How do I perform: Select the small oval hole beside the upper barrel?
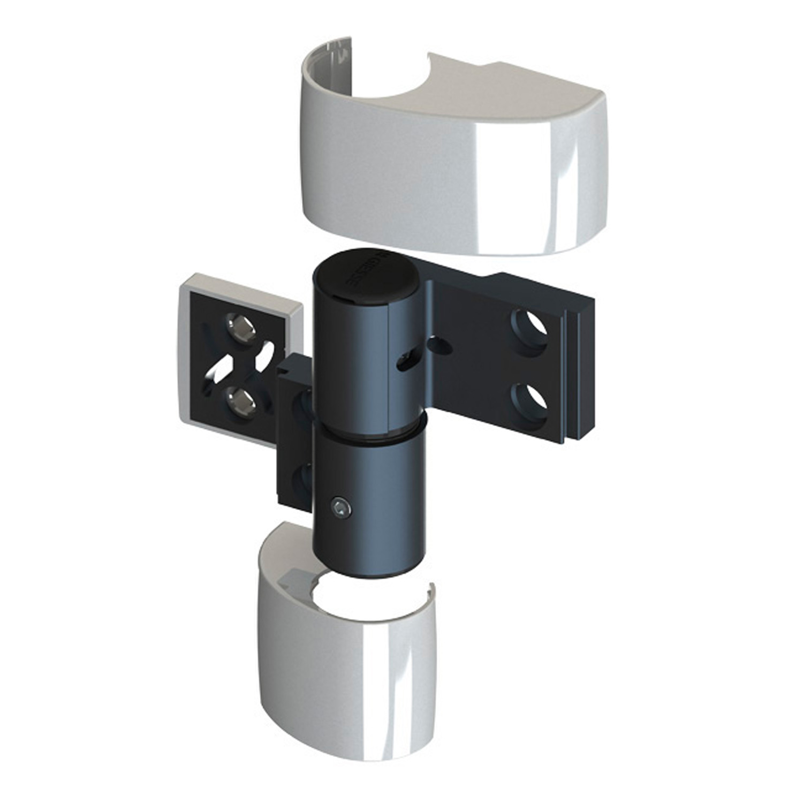442,346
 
